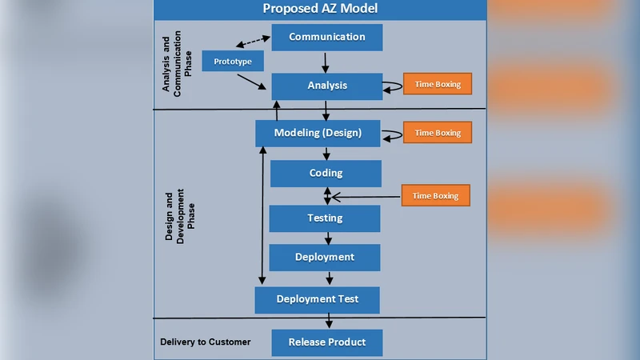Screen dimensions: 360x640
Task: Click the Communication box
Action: coord(326,37)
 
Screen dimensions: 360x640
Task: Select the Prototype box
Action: coord(233,62)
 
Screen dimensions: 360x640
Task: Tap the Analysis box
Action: coord(326,86)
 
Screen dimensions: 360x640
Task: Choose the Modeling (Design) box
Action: coord(318,133)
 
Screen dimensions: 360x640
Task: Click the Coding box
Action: coord(326,173)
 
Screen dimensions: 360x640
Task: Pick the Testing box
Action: coord(324,218)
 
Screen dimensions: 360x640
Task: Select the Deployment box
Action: coord(324,258)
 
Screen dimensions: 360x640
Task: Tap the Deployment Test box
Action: coord(317,300)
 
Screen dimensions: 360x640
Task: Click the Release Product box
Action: coord(326,342)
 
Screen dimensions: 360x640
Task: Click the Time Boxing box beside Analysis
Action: coord(437,84)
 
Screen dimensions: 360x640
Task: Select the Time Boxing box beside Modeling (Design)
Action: coord(437,132)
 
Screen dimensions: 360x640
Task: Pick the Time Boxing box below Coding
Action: coord(435,195)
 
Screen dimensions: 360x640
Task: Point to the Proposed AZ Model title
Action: coord(320,10)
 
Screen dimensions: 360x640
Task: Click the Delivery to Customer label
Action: coord(205,342)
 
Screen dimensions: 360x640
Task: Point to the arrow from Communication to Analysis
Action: coord(326,62)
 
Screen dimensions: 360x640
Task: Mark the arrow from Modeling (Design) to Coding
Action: coord(326,154)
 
